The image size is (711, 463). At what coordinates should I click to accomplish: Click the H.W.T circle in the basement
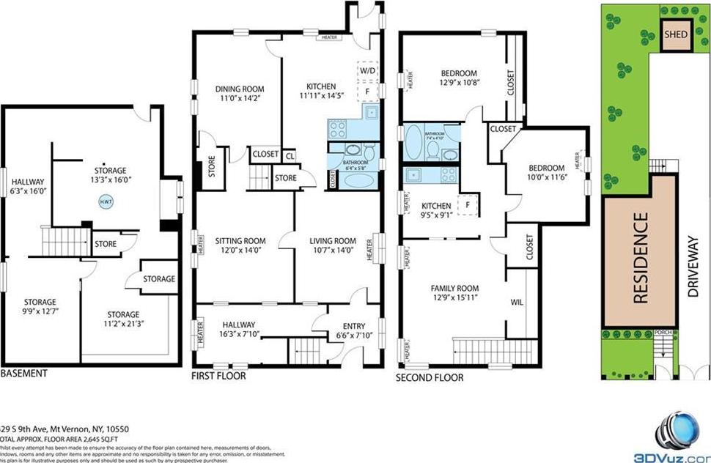pyautogui.click(x=105, y=199)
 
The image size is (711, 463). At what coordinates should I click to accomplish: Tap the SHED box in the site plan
pyautogui.click(x=674, y=35)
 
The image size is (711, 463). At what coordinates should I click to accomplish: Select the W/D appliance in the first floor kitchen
pyautogui.click(x=366, y=70)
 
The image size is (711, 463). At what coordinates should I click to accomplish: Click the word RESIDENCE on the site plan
pyautogui.click(x=640, y=257)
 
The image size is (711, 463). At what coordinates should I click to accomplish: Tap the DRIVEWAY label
pyautogui.click(x=693, y=265)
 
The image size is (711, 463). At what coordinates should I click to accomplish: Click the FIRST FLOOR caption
pyautogui.click(x=219, y=377)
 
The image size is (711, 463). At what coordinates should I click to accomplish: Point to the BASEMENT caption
pyautogui.click(x=24, y=374)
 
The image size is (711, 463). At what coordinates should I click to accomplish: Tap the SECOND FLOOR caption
pyautogui.click(x=430, y=378)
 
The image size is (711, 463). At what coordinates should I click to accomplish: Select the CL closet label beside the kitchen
pyautogui.click(x=290, y=155)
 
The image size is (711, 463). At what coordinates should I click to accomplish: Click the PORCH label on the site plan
pyautogui.click(x=663, y=332)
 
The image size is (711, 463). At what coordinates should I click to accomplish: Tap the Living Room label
pyautogui.click(x=333, y=240)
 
